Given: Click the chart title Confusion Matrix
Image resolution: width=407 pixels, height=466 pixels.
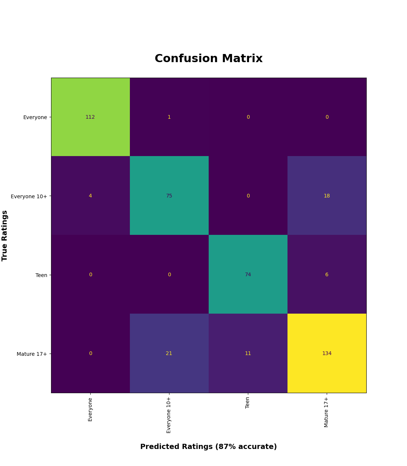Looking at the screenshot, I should [x=208, y=59].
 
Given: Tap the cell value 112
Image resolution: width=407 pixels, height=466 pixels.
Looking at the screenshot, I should [x=90, y=117].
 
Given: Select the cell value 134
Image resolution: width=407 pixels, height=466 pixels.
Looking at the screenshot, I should [x=327, y=354].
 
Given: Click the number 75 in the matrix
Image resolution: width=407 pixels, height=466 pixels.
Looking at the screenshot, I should [x=169, y=196].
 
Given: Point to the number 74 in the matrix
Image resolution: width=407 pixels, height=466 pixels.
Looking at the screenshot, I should [x=248, y=275].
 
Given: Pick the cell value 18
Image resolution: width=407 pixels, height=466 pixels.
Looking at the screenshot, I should [x=327, y=196].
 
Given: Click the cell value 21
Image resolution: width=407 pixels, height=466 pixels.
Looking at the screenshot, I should [x=169, y=354].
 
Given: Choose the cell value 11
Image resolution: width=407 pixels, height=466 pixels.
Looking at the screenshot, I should [x=248, y=354].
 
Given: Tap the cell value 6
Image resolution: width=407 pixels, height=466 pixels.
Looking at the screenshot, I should [x=327, y=275].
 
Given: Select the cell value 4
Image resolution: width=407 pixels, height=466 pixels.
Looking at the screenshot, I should [x=90, y=196].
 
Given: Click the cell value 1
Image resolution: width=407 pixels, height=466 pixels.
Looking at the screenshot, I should [x=169, y=117].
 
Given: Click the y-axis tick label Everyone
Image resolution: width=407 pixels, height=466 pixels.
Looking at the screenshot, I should [x=35, y=118].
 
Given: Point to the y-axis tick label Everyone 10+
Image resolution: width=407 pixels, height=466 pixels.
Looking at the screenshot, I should [x=29, y=196].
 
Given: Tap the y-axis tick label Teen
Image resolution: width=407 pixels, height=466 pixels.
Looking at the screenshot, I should [x=41, y=275].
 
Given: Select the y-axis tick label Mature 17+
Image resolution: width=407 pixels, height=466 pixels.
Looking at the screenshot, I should [x=32, y=354].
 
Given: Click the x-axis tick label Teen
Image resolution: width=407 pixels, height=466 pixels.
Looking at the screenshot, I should [x=248, y=403].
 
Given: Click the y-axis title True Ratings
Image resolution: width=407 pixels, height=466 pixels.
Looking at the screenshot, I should [x=5, y=236].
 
